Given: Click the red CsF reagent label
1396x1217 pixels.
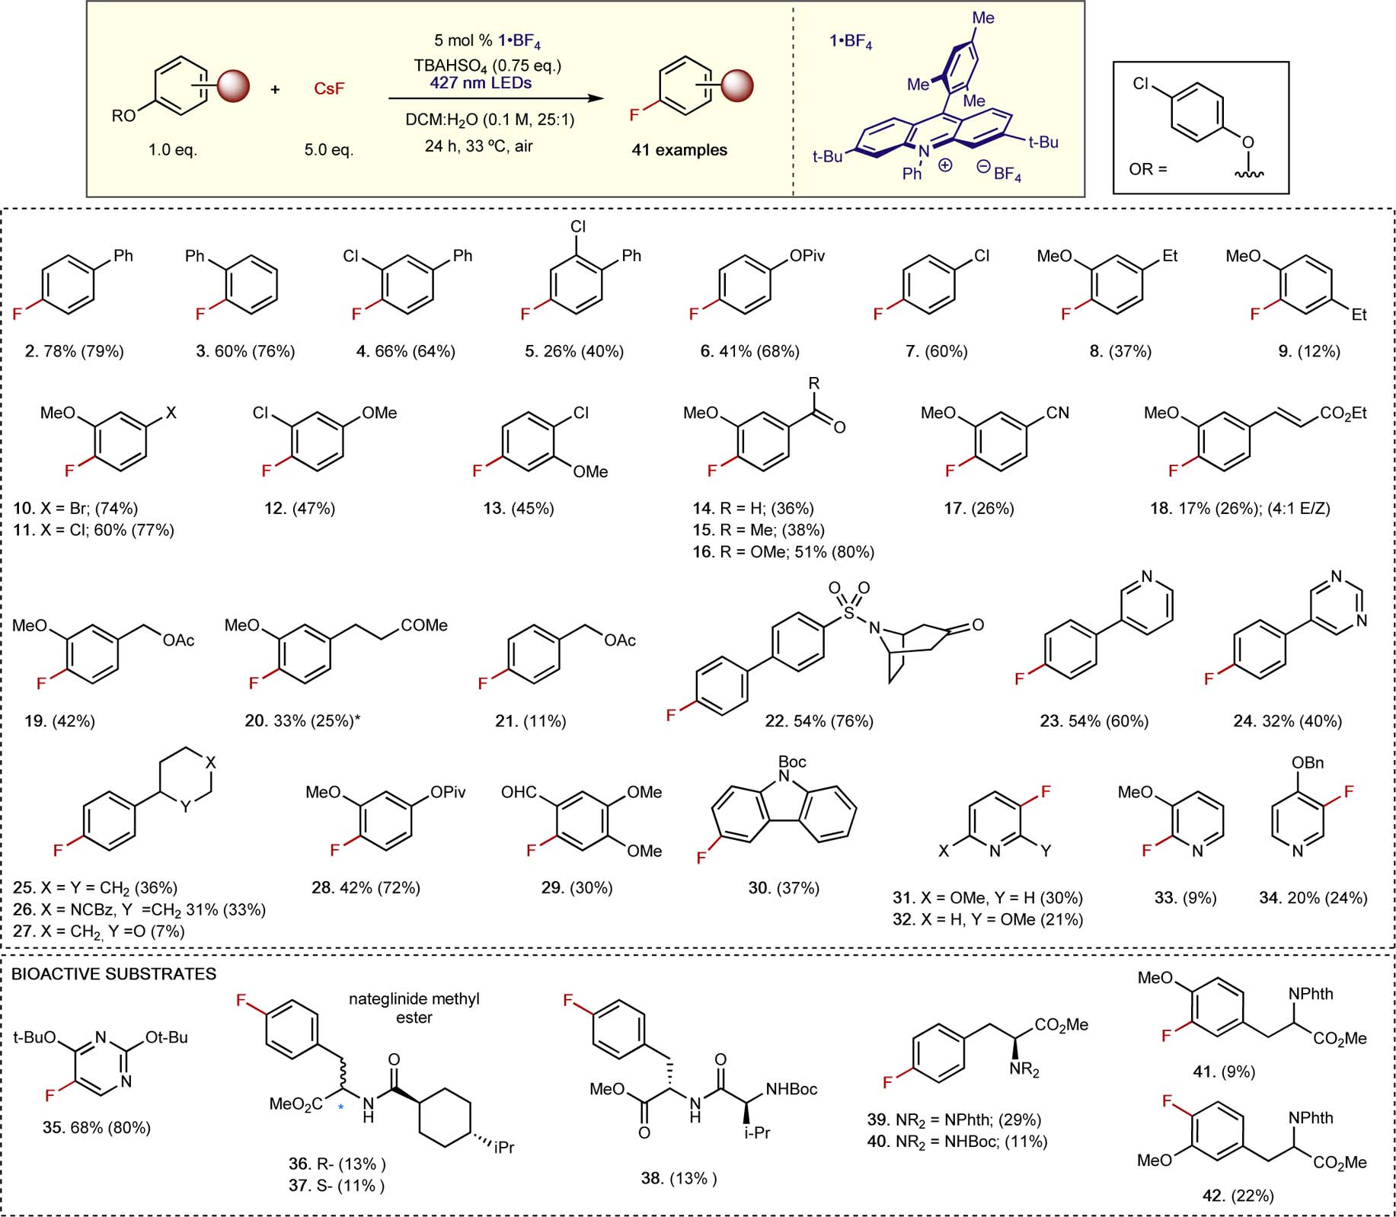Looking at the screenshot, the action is (329, 89).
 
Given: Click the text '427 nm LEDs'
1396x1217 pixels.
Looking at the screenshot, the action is (481, 82).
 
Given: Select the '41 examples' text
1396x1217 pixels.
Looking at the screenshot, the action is (679, 150).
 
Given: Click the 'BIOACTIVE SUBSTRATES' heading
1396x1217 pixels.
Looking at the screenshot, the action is (114, 974).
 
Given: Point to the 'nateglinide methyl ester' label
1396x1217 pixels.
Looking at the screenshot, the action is (414, 1008).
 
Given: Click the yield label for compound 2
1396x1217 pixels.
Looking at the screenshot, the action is (74, 351).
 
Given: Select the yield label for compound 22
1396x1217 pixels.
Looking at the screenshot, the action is (819, 720).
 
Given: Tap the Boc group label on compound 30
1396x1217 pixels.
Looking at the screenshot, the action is (792, 762).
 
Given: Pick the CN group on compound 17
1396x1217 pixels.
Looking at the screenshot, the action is (1057, 413).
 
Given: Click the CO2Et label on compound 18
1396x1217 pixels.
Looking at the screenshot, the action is (1343, 413).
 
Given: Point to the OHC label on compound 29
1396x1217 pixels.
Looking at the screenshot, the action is (519, 792).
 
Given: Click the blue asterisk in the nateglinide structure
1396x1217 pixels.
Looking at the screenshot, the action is (341, 1107).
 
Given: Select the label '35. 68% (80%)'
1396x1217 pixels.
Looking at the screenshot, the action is (97, 1127).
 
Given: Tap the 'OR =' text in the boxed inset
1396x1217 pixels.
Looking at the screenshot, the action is (1148, 169).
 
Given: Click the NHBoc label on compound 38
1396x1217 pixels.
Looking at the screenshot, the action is (791, 1089).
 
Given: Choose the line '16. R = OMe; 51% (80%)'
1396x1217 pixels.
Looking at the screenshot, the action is (783, 551).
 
